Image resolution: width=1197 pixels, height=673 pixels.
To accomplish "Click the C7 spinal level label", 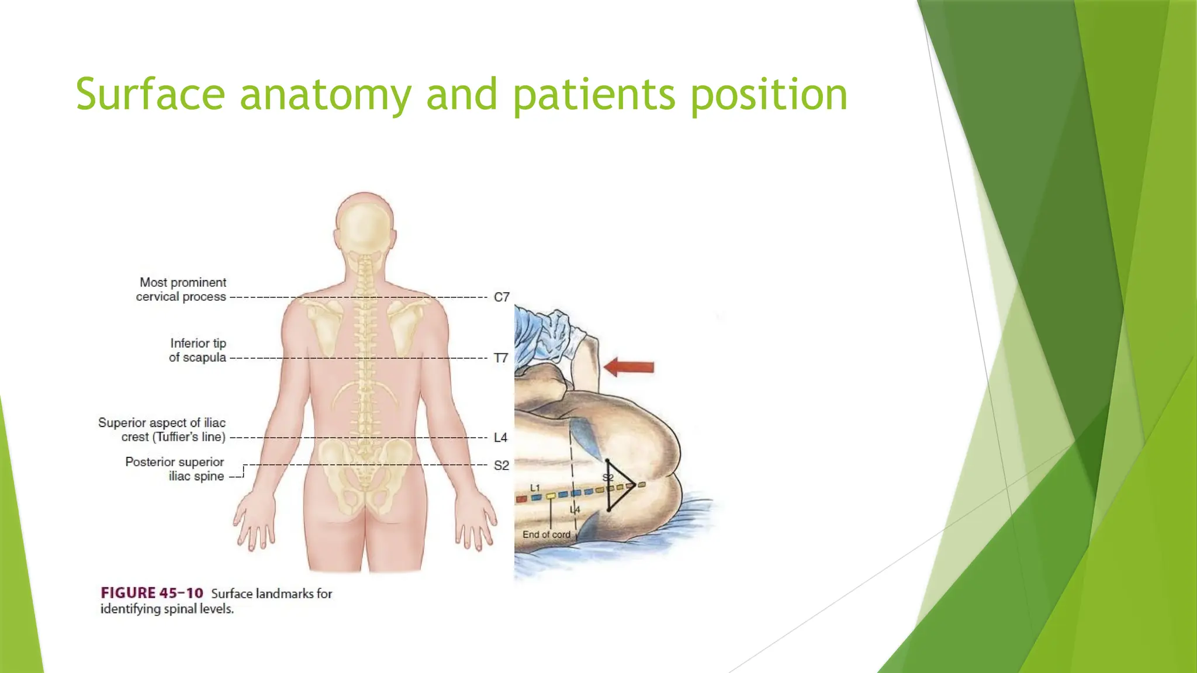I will pyautogui.click(x=501, y=297).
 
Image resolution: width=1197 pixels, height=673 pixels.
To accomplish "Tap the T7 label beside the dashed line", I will pyautogui.click(x=501, y=358).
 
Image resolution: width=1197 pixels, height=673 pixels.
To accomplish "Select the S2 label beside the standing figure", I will pyautogui.click(x=501, y=466).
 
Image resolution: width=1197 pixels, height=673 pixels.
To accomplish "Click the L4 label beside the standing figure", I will pyautogui.click(x=501, y=438).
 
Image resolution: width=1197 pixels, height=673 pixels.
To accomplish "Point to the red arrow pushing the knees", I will pyautogui.click(x=629, y=367).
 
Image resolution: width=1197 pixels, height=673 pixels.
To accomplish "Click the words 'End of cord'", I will pyautogui.click(x=546, y=535).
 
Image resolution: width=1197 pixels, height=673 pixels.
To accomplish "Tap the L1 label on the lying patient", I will pyautogui.click(x=535, y=488).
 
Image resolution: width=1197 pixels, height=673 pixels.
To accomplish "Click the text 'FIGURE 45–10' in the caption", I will pyautogui.click(x=152, y=594).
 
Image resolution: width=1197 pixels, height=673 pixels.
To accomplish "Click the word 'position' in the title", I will pyautogui.click(x=769, y=95).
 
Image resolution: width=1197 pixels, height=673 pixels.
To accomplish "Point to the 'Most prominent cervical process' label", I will pyautogui.click(x=182, y=290).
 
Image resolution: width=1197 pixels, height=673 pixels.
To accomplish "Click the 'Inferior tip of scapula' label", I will pyautogui.click(x=198, y=351).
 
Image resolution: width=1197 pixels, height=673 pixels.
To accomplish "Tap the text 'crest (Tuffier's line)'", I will pyautogui.click(x=174, y=438).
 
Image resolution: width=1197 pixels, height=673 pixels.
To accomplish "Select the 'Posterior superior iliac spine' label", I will pyautogui.click(x=175, y=469).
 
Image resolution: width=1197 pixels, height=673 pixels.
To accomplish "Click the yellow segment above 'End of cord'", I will pyautogui.click(x=551, y=496).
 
